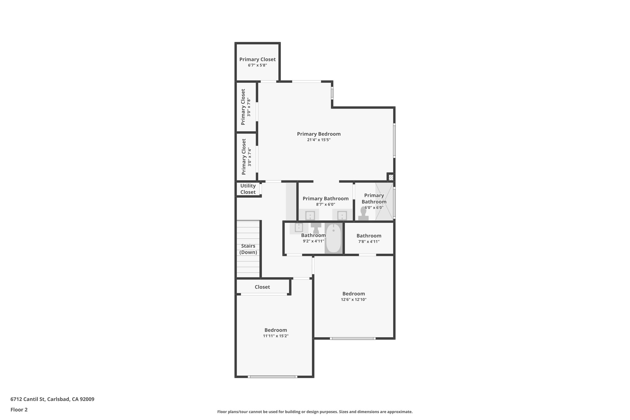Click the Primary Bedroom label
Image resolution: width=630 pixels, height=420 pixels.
pos(319,134)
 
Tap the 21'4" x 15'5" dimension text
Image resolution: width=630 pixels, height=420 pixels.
pos(319,140)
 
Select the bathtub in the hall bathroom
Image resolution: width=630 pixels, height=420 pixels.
pos(333,238)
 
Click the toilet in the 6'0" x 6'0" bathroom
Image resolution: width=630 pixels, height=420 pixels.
pos(363,214)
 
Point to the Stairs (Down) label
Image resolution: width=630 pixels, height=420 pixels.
pos(248,249)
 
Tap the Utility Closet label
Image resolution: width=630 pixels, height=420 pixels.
pos(248,189)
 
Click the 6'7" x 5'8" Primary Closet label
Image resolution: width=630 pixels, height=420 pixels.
pos(257,59)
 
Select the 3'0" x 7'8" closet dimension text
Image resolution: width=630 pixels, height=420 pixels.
pos(249,107)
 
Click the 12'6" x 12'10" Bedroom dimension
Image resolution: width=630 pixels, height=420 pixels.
pos(353,299)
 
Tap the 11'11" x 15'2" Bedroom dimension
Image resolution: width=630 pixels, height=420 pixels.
pos(276,336)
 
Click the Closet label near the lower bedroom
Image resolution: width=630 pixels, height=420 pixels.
pos(262,287)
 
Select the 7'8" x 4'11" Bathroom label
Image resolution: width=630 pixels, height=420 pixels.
pos(369,236)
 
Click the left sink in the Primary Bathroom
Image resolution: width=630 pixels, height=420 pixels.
pos(310,215)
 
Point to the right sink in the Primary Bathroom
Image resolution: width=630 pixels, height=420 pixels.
pos(342,215)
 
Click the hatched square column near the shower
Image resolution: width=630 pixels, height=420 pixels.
pos(391,177)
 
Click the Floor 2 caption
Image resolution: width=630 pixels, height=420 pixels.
pos(19,410)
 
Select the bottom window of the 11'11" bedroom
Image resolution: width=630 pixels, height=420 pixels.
pos(273,377)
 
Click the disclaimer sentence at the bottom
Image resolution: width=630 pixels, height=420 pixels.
pos(315,412)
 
